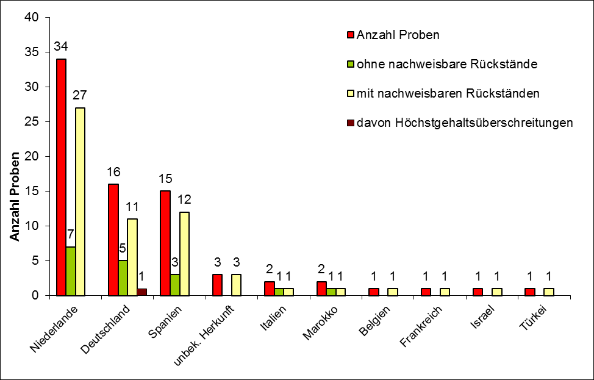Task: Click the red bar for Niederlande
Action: pos(62,177)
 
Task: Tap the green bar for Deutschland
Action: pos(123,278)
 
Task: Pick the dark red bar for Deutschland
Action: pos(142,292)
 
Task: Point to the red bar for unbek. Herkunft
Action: pos(217,285)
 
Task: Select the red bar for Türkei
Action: pos(529,292)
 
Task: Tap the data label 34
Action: pos(61,46)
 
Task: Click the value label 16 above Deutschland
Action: pos(112,172)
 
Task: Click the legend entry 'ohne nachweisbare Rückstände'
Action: pos(446,63)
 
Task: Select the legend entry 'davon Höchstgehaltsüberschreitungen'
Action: pos(465,123)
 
